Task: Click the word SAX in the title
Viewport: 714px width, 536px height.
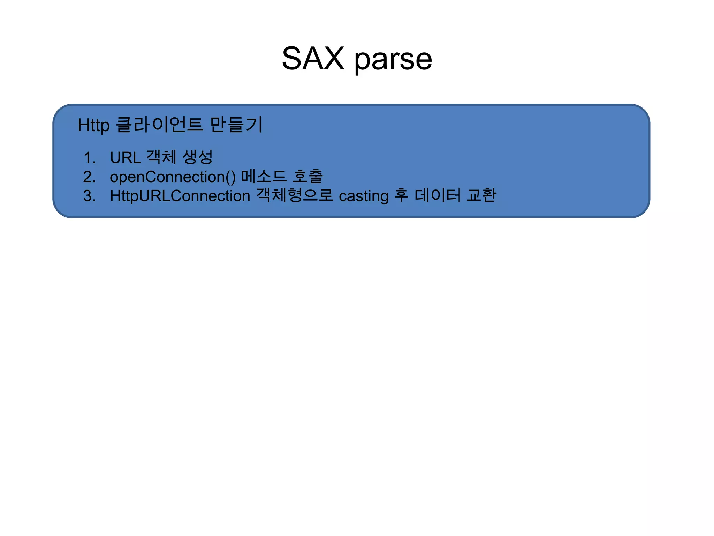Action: [x=313, y=59]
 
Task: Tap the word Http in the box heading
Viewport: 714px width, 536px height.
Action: [x=93, y=125]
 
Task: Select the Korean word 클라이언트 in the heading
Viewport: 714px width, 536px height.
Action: [x=159, y=125]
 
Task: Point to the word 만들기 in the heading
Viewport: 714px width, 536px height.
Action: [x=236, y=125]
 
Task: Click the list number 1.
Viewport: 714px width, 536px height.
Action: [x=89, y=158]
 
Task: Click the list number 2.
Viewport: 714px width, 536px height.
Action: [x=89, y=177]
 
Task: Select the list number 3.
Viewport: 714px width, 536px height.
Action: [x=89, y=196]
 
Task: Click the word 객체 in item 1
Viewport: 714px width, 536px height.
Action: [x=161, y=157]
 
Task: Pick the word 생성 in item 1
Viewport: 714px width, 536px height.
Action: [x=197, y=157]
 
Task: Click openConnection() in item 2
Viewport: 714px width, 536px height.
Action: [x=173, y=177]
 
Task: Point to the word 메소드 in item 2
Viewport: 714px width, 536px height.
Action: [x=264, y=176]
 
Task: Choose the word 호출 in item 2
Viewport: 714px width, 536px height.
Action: [x=308, y=176]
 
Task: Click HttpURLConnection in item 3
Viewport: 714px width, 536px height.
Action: [x=180, y=196]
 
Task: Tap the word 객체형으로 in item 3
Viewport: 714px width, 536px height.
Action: [x=295, y=195]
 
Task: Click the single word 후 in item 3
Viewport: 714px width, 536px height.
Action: [x=401, y=195]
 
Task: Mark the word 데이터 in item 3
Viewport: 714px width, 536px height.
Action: [x=438, y=195]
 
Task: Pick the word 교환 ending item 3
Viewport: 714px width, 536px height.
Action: [x=481, y=195]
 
